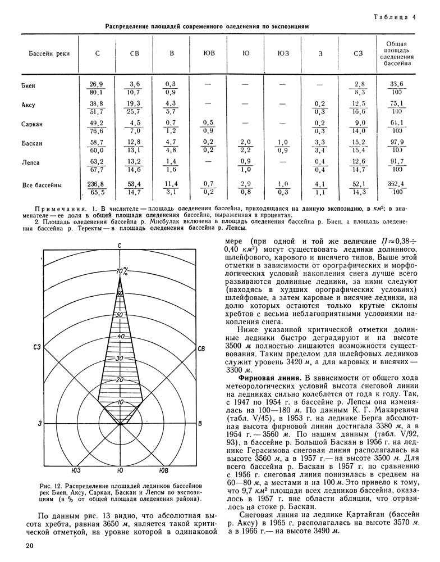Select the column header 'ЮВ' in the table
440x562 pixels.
[x=209, y=54]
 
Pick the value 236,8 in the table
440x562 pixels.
[x=97, y=183]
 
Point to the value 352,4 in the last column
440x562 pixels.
[x=397, y=183]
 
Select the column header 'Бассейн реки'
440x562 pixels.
[x=41, y=54]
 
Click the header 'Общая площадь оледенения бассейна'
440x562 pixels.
[x=397, y=54]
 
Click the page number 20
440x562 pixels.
[x=30, y=546]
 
